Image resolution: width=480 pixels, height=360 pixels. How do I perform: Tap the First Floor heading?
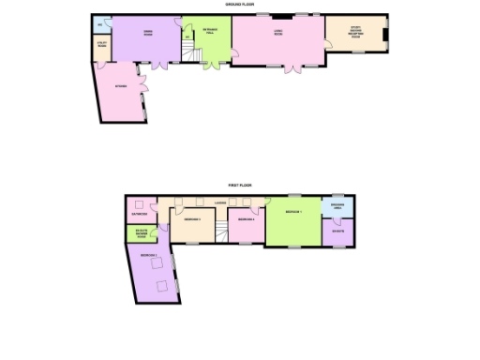tap(240, 186)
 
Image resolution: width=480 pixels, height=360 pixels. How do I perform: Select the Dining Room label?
tap(147, 33)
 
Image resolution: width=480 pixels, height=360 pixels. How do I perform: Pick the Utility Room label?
tap(100, 43)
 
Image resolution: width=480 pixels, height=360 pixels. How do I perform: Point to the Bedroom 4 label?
tap(245, 219)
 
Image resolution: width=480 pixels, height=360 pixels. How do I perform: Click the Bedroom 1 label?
tap(292, 213)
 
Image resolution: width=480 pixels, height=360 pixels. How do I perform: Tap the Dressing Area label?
tap(337, 205)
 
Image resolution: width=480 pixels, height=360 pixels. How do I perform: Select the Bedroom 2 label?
tap(147, 254)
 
